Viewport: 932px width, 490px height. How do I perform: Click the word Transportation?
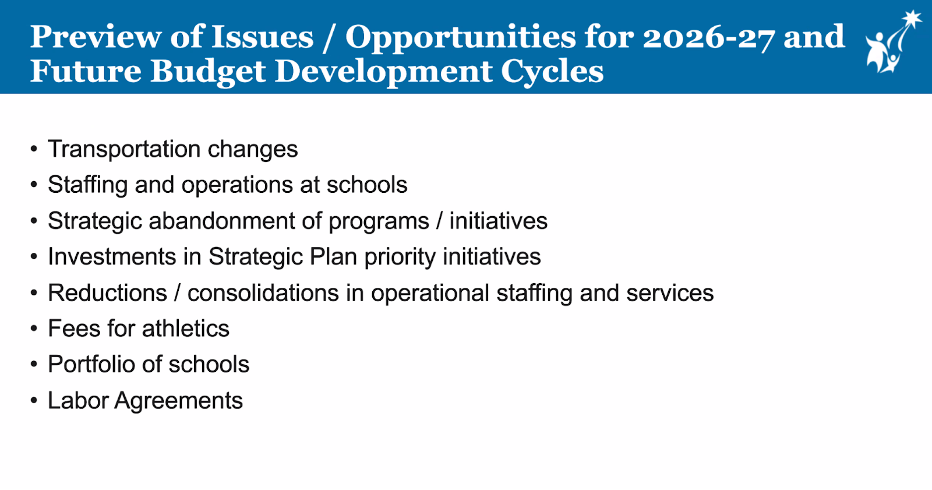coord(124,149)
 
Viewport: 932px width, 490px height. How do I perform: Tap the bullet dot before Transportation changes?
coord(34,149)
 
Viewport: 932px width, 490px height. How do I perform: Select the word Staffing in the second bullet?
coord(87,185)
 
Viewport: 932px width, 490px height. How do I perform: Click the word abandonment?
coord(222,221)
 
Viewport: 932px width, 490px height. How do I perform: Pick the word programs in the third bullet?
coord(379,222)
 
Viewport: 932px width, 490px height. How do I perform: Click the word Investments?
coord(112,256)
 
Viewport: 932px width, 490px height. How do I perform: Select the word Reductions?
coord(107,292)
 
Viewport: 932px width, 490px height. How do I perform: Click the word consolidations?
coord(263,292)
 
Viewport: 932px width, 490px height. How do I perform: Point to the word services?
coord(670,292)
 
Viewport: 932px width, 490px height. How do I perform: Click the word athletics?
coord(186,329)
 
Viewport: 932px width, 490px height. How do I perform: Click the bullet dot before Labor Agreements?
coord(34,400)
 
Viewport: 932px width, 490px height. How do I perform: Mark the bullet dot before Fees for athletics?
coord(34,329)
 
